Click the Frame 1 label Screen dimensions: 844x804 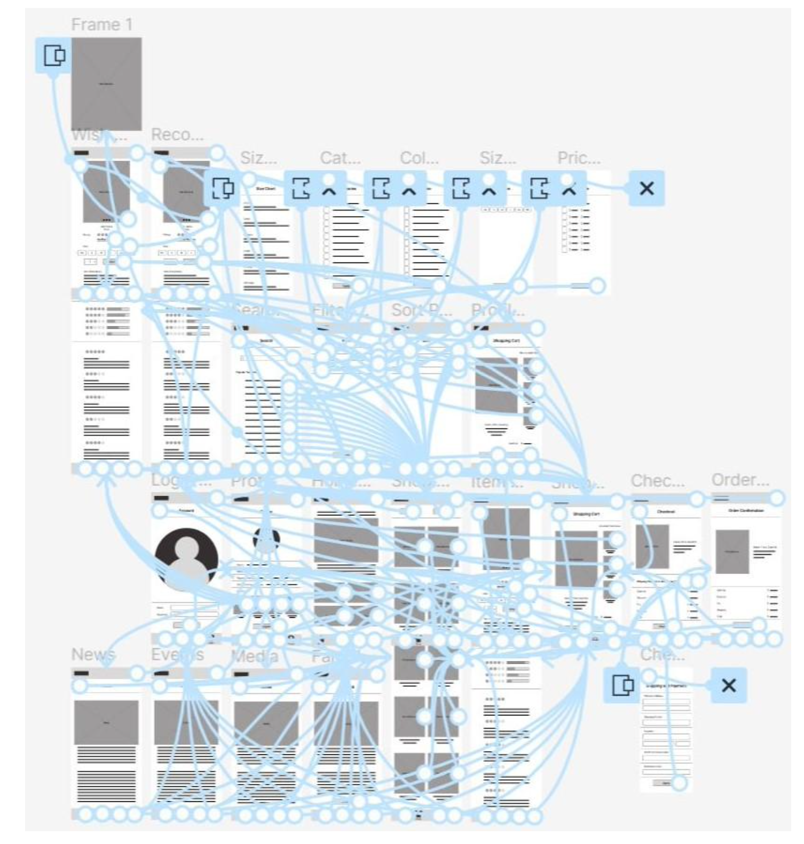tap(101, 25)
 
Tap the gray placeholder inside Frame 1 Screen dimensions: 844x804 tap(106, 84)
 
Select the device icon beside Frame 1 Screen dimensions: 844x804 tap(54, 55)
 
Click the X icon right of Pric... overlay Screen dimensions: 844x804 tap(647, 188)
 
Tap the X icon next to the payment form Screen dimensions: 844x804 tap(729, 686)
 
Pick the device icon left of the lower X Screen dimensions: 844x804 tap(622, 686)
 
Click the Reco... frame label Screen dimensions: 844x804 tap(177, 135)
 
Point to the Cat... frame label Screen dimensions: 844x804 tap(340, 158)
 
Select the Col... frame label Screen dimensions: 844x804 tap(419, 158)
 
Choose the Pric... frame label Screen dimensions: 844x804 tap(579, 158)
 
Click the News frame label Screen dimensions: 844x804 tap(93, 655)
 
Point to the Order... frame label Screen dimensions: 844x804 tap(740, 480)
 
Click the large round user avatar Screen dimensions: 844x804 tap(186, 558)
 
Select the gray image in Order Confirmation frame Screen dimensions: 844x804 tap(732, 552)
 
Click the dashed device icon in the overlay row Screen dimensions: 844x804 tap(223, 188)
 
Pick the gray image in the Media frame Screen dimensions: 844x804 tap(266, 723)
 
